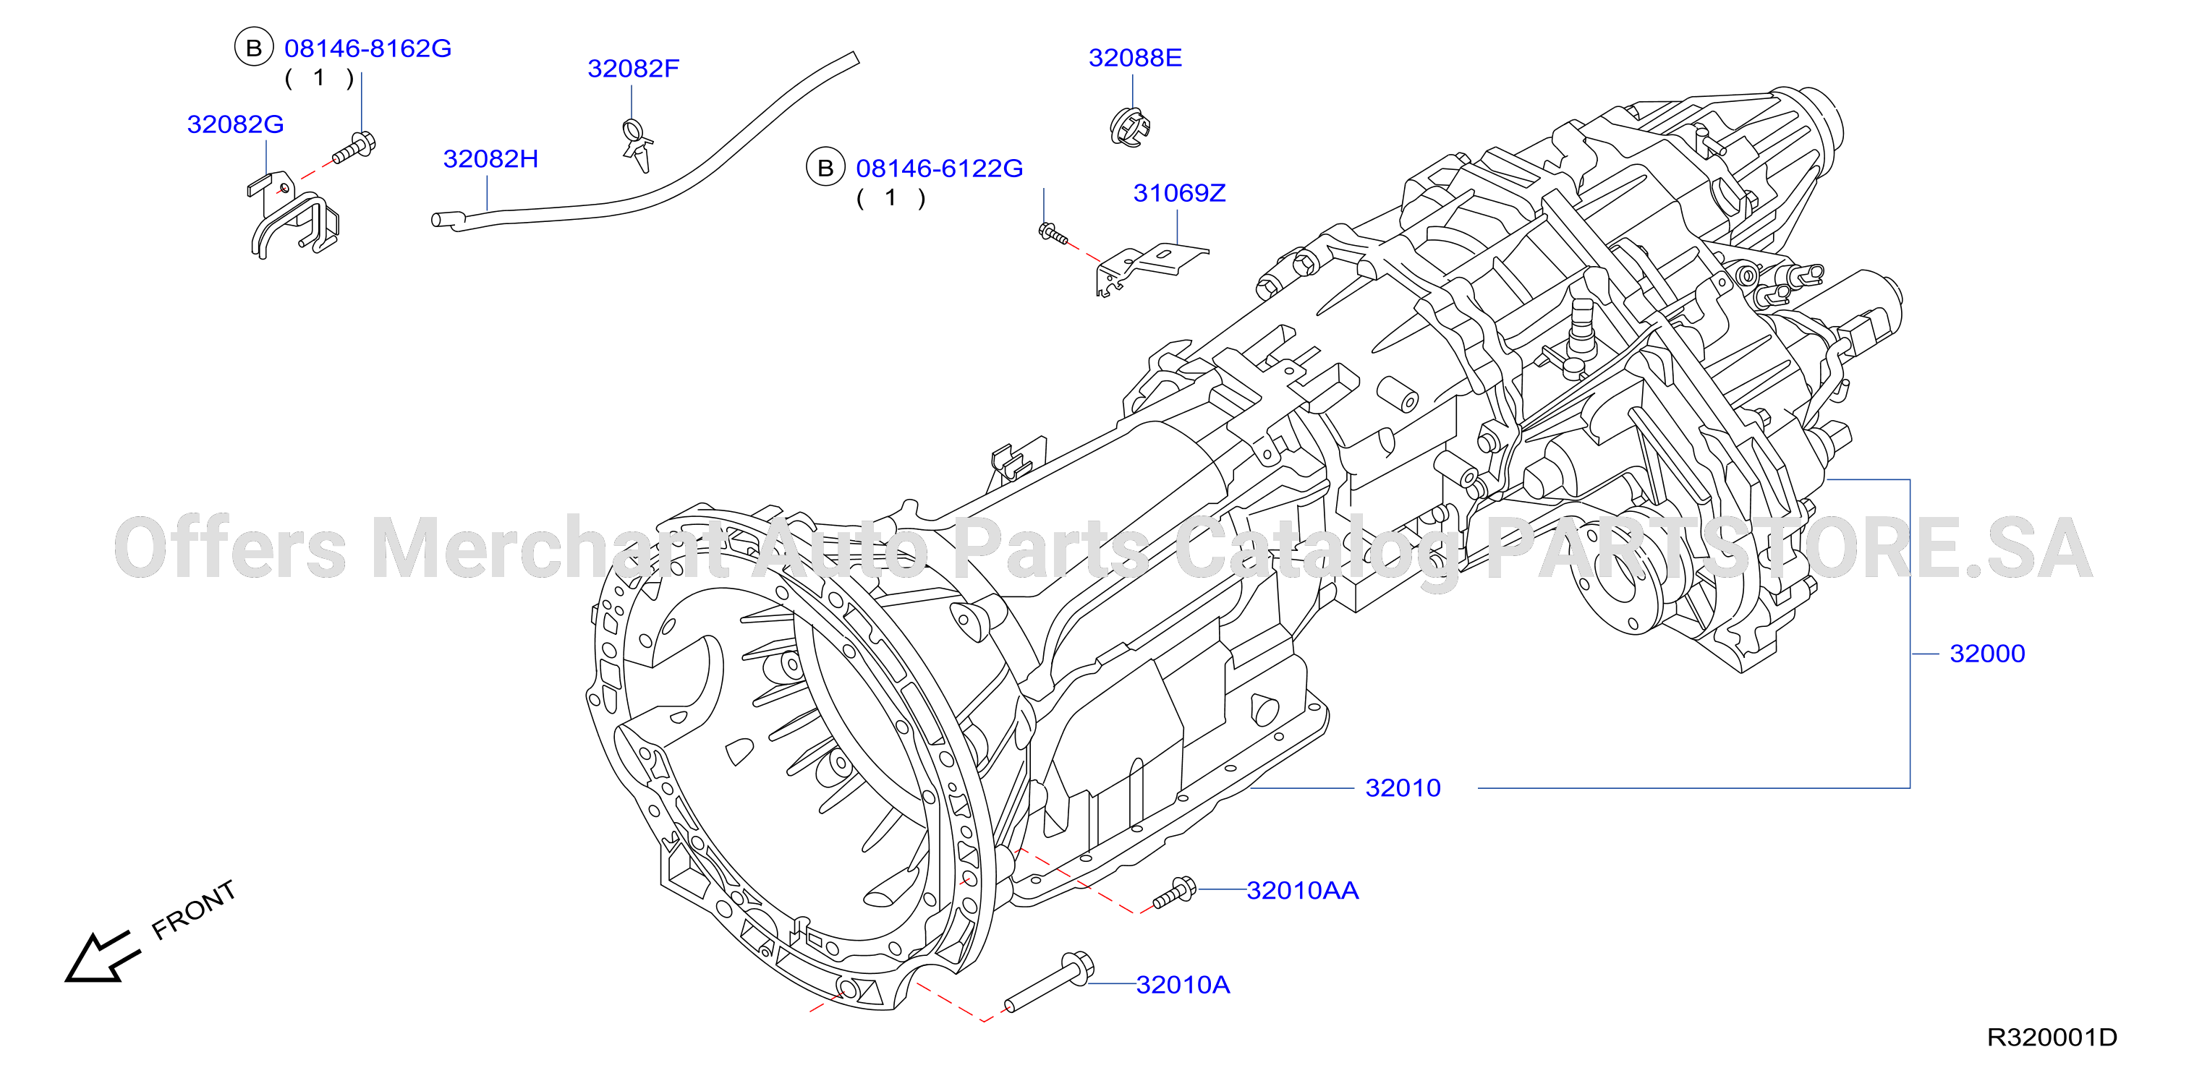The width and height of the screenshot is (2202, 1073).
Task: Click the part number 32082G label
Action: click(235, 125)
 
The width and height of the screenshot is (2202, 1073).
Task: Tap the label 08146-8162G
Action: click(367, 48)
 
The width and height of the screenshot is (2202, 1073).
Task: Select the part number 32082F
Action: click(634, 69)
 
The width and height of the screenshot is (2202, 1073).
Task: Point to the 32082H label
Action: click(490, 159)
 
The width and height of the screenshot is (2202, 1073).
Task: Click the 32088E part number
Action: click(1135, 58)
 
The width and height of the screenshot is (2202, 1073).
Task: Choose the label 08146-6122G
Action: click(940, 168)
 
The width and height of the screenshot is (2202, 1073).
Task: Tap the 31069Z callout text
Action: click(1180, 193)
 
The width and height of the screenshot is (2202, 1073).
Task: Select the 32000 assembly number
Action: click(1987, 654)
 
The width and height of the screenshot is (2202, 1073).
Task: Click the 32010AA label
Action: click(1303, 890)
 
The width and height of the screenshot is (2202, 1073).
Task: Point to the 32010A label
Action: click(1183, 985)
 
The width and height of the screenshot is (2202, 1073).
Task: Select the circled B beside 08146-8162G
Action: click(254, 48)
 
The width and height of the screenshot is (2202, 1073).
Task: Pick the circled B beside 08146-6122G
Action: click(826, 168)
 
